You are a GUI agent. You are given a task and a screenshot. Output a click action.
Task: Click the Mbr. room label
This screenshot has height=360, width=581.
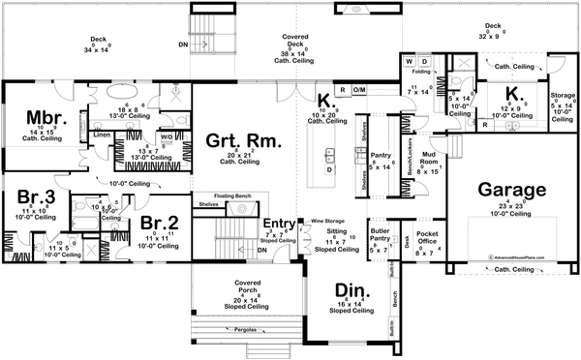(x=46, y=118)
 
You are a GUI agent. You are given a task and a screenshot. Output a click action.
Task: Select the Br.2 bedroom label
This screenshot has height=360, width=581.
(x=158, y=223)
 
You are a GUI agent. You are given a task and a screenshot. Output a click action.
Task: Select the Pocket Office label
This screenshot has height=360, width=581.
(x=427, y=237)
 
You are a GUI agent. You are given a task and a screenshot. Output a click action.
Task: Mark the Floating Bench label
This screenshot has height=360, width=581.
(x=227, y=196)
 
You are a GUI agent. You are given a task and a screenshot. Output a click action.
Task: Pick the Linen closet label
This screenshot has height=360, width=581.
(x=102, y=135)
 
